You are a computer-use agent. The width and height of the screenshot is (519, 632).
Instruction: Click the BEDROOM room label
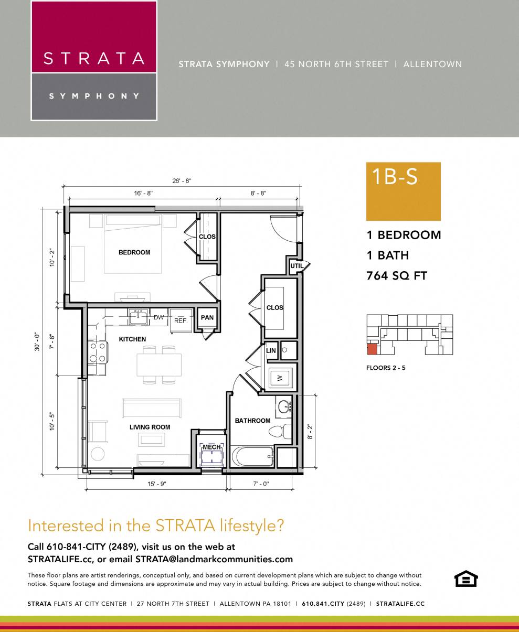[x=134, y=252]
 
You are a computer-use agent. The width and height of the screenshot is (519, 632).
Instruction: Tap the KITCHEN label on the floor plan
[x=132, y=339]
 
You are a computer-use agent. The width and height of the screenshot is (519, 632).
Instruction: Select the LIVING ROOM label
[x=150, y=427]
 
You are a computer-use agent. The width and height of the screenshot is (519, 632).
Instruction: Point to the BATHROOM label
[x=252, y=421]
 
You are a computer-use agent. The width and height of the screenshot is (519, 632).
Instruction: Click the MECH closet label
[x=211, y=447]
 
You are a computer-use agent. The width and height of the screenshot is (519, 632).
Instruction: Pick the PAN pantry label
[x=207, y=317]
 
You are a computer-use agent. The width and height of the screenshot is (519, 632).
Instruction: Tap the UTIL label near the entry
[x=297, y=266]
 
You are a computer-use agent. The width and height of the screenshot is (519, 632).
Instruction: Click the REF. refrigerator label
[x=181, y=320]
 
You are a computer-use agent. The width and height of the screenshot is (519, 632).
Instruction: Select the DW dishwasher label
[x=158, y=317]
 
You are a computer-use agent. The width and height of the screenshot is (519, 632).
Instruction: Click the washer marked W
[x=279, y=378]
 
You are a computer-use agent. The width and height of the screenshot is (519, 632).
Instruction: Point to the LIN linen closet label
[x=271, y=350]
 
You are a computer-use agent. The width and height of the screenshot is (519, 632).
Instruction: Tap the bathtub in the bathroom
[x=254, y=456]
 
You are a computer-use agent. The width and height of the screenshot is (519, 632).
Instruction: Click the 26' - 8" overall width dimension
[x=182, y=181]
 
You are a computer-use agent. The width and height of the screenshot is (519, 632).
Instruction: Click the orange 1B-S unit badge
[x=403, y=191]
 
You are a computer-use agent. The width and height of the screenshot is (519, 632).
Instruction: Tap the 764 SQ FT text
[x=397, y=276]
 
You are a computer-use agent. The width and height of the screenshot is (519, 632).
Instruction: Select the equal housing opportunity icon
[x=465, y=579]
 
